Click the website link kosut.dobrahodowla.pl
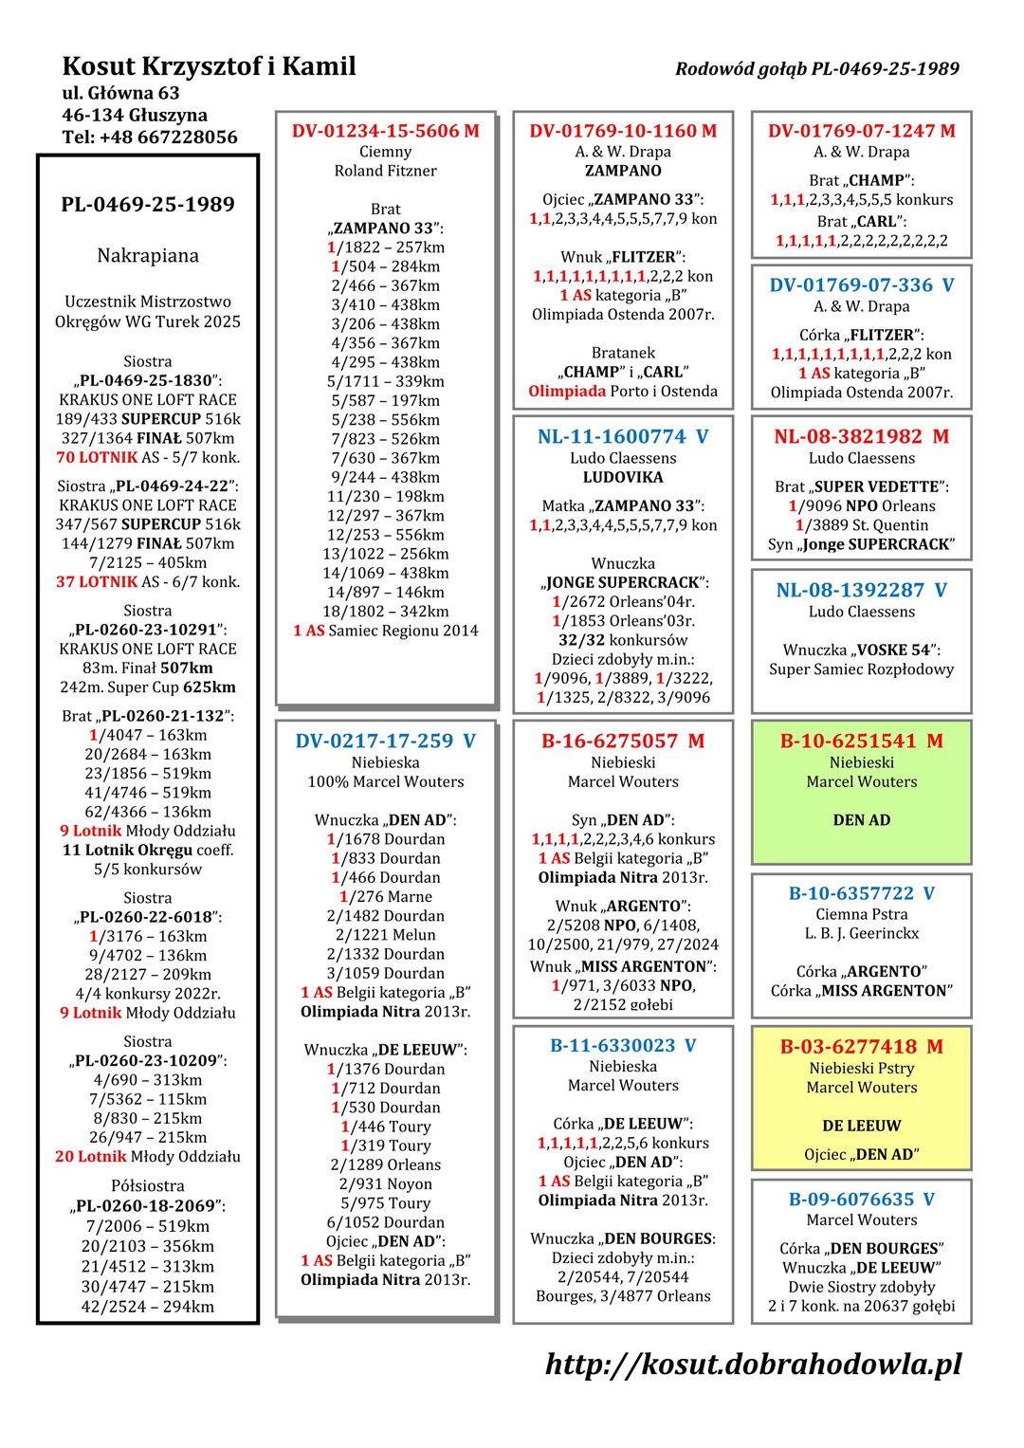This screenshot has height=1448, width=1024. [x=753, y=1364]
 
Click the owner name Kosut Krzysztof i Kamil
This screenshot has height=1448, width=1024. [x=209, y=66]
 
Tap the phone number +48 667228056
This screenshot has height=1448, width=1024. [x=150, y=137]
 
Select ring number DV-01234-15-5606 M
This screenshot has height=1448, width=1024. [x=385, y=131]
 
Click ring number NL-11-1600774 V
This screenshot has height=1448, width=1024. [x=623, y=436]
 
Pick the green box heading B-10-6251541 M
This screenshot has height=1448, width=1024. [x=861, y=741]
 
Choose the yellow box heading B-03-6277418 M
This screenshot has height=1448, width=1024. [x=861, y=1046]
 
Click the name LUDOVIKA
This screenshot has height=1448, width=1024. [x=623, y=477]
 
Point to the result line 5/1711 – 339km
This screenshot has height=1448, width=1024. [x=385, y=381]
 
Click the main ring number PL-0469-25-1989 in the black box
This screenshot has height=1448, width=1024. [x=148, y=204]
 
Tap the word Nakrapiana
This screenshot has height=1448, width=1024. [x=148, y=255]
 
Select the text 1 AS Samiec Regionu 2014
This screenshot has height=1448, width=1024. [x=385, y=631]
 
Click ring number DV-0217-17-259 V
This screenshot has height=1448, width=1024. [x=385, y=741]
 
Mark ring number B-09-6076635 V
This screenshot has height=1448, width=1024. [x=861, y=1199]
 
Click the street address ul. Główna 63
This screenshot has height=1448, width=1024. [x=120, y=93]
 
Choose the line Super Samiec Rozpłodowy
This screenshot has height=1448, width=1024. [x=861, y=669]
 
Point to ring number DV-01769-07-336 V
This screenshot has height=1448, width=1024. [x=861, y=284]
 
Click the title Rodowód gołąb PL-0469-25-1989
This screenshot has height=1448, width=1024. [x=816, y=68]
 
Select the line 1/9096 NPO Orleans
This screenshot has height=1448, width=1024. [x=861, y=506]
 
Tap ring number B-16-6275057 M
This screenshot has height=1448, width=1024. [x=623, y=741]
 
